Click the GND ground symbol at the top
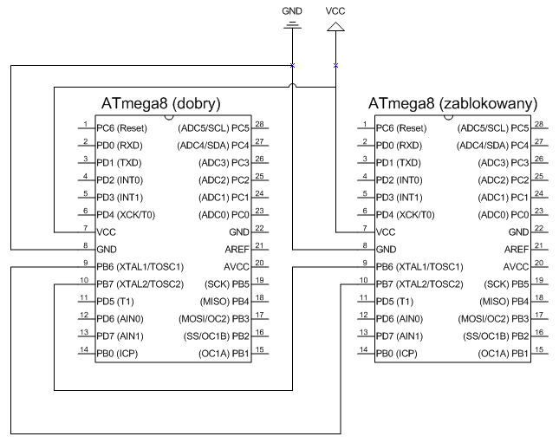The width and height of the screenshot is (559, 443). coord(292,25)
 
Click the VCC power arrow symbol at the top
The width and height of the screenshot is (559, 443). coord(335,27)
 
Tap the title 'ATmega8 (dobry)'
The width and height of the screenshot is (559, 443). coord(161,104)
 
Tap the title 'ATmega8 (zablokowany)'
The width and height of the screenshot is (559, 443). coord(452,104)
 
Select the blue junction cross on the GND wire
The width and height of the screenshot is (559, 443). coord(292,65)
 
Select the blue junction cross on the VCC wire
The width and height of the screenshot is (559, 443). coord(335,65)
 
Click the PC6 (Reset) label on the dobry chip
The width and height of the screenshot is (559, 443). coord(121,128)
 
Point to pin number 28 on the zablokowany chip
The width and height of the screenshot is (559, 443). coord(539,124)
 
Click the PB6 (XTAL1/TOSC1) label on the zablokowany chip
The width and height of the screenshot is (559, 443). coord(419,267)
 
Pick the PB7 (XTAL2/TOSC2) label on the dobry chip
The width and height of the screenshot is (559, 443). coord(140,284)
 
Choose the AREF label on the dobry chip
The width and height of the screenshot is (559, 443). coord(237,250)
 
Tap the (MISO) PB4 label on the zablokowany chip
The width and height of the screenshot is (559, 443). coord(504,302)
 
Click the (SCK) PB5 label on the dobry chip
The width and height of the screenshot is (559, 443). coord(226,284)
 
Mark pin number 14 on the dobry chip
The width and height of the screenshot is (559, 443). coord(84,349)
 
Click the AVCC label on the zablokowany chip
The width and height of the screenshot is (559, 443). coord(516,267)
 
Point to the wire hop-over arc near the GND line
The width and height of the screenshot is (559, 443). coord(292,84)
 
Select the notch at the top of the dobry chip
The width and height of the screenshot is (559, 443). coord(169,117)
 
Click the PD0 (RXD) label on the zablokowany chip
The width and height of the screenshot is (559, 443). coord(399,146)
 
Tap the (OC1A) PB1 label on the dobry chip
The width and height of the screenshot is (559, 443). coord(224,354)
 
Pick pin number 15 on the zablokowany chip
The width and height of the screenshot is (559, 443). coord(539,349)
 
